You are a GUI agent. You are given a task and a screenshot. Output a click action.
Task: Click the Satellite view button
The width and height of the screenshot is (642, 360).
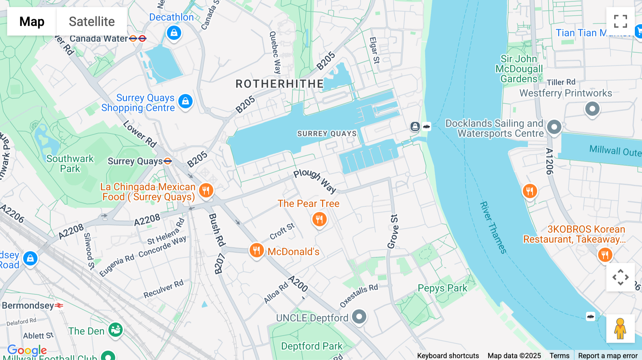pyautogui.click(x=92, y=21)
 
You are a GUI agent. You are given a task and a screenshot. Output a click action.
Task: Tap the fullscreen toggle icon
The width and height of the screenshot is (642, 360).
pyautogui.click(x=620, y=21)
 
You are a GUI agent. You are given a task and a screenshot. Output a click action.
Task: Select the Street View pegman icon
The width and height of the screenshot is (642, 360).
pyautogui.click(x=620, y=328)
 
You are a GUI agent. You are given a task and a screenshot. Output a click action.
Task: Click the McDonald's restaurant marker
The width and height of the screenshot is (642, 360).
pyautogui.click(x=256, y=250)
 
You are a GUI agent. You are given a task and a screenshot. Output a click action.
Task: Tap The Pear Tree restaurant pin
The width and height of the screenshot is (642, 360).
pyautogui.click(x=319, y=219)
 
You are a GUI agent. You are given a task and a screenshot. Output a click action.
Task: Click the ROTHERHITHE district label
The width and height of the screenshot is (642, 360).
pyautogui.click(x=280, y=84)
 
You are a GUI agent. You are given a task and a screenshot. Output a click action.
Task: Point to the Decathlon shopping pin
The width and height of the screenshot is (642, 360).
pyautogui.click(x=174, y=33)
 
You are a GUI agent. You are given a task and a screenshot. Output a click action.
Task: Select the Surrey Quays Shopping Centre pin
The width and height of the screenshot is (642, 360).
pyautogui.click(x=185, y=102)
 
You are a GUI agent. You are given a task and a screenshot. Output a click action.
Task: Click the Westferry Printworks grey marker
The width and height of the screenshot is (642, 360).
pyautogui.click(x=592, y=108)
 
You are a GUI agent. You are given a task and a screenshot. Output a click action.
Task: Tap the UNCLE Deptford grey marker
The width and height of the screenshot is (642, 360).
pyautogui.click(x=359, y=316)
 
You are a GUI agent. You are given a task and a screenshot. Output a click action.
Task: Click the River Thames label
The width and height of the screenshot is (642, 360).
pyautogui.click(x=493, y=227)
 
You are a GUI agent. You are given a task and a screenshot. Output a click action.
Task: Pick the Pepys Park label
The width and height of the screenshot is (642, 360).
pyautogui.click(x=442, y=288)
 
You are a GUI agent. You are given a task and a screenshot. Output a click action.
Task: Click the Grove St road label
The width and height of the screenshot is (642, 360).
pyautogui.click(x=393, y=232)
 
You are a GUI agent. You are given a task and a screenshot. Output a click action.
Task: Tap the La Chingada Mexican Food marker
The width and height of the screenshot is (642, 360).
pyautogui.click(x=206, y=190)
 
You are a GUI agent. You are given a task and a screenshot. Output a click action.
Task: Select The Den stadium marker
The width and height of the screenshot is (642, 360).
pyautogui.click(x=116, y=330)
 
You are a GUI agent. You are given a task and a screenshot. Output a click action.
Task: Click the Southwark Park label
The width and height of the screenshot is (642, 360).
pyautogui.click(x=70, y=164)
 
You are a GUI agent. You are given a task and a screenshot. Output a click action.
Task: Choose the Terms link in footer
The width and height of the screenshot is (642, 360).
pyautogui.click(x=559, y=355)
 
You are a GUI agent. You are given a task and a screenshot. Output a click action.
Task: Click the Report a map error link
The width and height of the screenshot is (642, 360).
pyautogui.click(x=608, y=355)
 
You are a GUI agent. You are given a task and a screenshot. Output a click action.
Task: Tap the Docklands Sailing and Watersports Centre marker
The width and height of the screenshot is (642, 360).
pyautogui.click(x=554, y=127)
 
